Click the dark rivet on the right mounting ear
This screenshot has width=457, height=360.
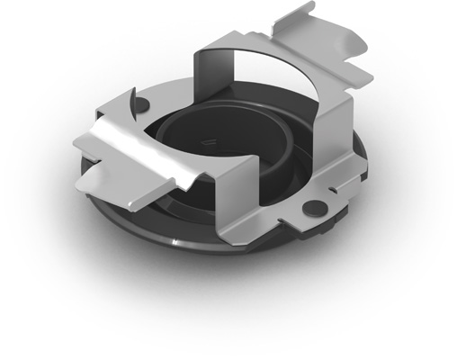[315, 205]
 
